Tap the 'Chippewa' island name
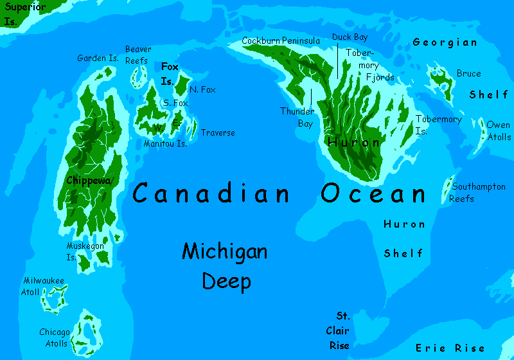(x=89, y=181)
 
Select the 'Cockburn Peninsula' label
(x=281, y=41)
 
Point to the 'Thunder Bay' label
(x=297, y=118)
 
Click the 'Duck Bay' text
(x=350, y=37)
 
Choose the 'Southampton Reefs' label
(x=478, y=193)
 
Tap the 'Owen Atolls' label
(x=499, y=130)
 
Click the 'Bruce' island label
(x=468, y=73)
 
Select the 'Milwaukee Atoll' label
(x=43, y=286)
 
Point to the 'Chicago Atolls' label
(x=54, y=337)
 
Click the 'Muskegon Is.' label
(x=84, y=251)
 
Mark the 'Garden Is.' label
(x=98, y=58)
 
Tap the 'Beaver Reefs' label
(x=138, y=55)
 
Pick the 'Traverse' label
(x=218, y=133)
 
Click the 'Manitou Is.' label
(x=165, y=143)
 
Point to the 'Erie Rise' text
(x=450, y=348)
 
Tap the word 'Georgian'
(x=445, y=42)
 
